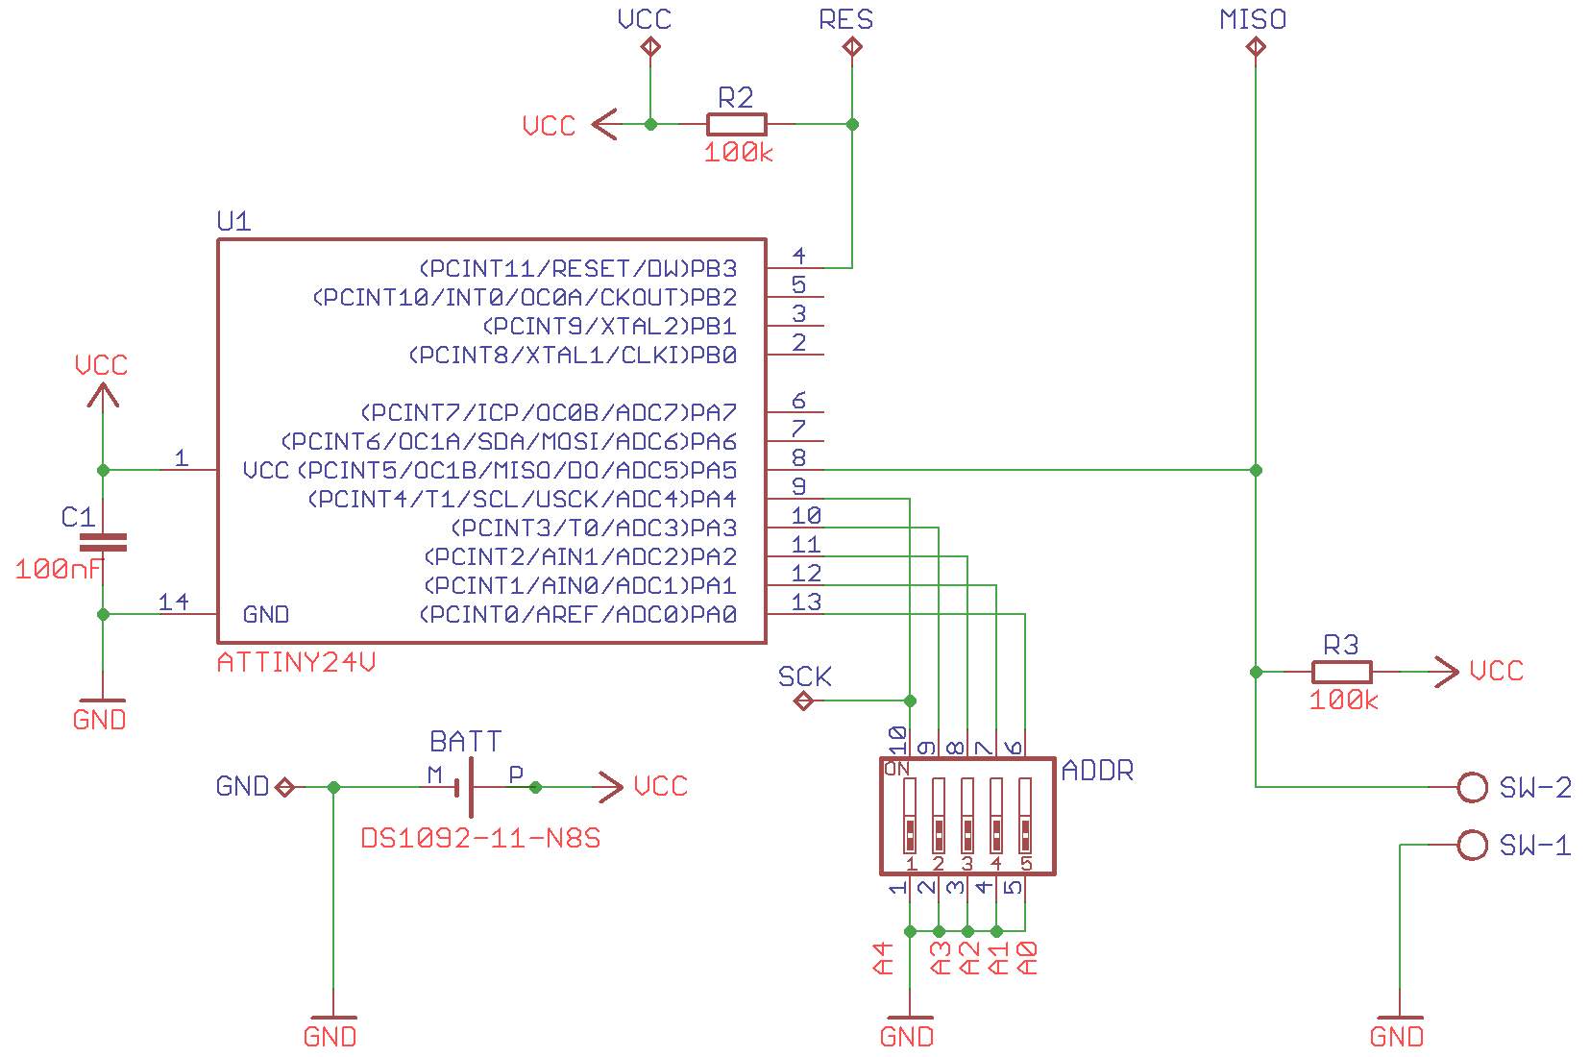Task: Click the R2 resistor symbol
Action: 736,124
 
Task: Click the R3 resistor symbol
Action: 1341,672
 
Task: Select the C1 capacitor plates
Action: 103,543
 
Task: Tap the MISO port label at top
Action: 1253,20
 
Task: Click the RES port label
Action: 845,20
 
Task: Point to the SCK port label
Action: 805,677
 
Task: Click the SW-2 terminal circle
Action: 1472,787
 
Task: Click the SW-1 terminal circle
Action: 1472,845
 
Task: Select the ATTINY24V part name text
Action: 296,663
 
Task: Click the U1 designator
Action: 233,222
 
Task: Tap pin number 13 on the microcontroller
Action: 806,602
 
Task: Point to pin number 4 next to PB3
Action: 798,256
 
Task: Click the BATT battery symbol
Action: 471,787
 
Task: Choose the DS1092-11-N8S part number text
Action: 480,839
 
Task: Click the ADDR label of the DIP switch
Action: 1097,771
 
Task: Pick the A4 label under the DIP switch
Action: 883,958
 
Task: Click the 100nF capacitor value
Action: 58,570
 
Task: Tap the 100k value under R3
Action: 1343,701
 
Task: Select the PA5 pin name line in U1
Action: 516,471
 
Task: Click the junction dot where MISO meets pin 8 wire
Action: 1256,470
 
